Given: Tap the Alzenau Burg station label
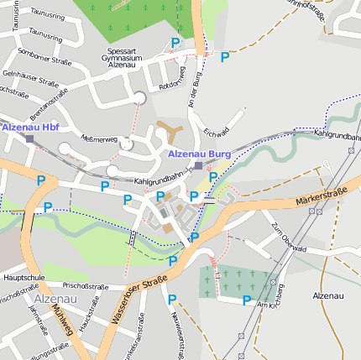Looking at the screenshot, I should click(199, 154).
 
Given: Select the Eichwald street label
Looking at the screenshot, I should click(216, 133).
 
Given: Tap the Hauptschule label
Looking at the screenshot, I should click(24, 276).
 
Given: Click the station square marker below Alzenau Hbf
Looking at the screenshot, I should click(29, 138).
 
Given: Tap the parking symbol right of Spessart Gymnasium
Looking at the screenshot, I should click(175, 43).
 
